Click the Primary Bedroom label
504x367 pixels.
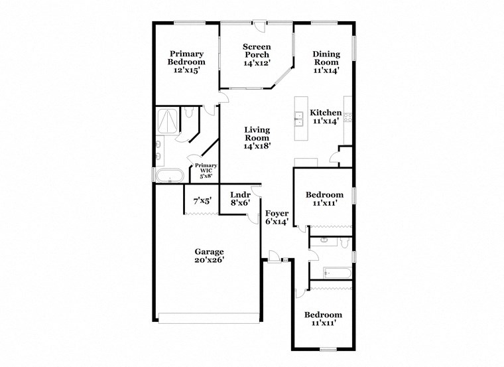[x=186, y=62]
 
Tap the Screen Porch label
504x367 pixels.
[x=256, y=54]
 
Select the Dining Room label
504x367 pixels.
[x=326, y=62]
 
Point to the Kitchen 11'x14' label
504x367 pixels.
[x=326, y=117]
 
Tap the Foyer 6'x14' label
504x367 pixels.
[x=277, y=218]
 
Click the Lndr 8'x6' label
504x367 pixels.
[x=240, y=199]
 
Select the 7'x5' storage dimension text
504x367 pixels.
[x=202, y=200]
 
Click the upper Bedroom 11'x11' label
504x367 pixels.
[x=324, y=199]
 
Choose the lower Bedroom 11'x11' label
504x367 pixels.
[x=324, y=319]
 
